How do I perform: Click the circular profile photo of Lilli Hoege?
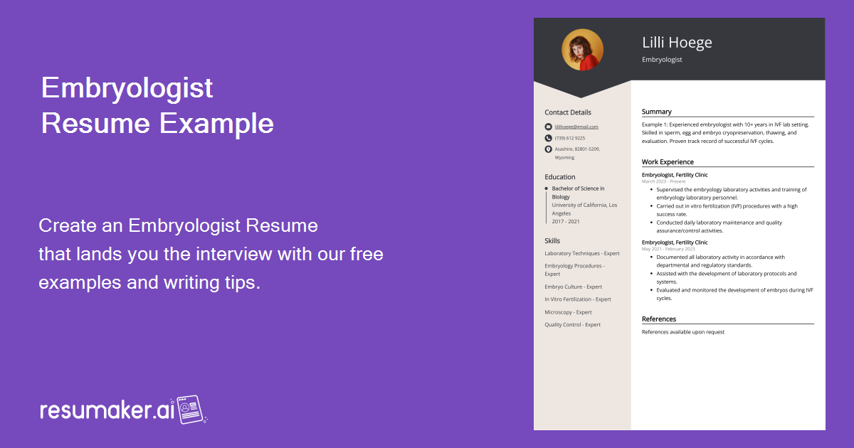[x=582, y=50]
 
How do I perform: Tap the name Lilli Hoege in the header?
[x=677, y=43]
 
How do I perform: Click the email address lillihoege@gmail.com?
[x=576, y=127]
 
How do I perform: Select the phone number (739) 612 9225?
[x=570, y=138]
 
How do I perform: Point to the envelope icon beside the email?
[x=548, y=127]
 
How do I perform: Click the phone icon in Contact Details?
[x=548, y=138]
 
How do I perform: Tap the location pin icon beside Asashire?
[x=548, y=149]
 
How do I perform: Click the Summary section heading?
[x=657, y=112]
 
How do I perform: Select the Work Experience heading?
[x=668, y=162]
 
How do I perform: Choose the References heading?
[x=659, y=319]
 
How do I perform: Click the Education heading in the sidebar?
[x=560, y=177]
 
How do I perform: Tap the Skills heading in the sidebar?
[x=552, y=241]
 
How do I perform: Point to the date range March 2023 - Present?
[x=663, y=181]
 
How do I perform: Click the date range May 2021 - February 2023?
[x=668, y=249]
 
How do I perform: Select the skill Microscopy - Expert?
[x=569, y=312]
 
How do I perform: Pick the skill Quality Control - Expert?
[x=573, y=325]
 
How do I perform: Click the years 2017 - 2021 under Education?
[x=566, y=221]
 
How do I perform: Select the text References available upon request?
[x=683, y=332]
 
